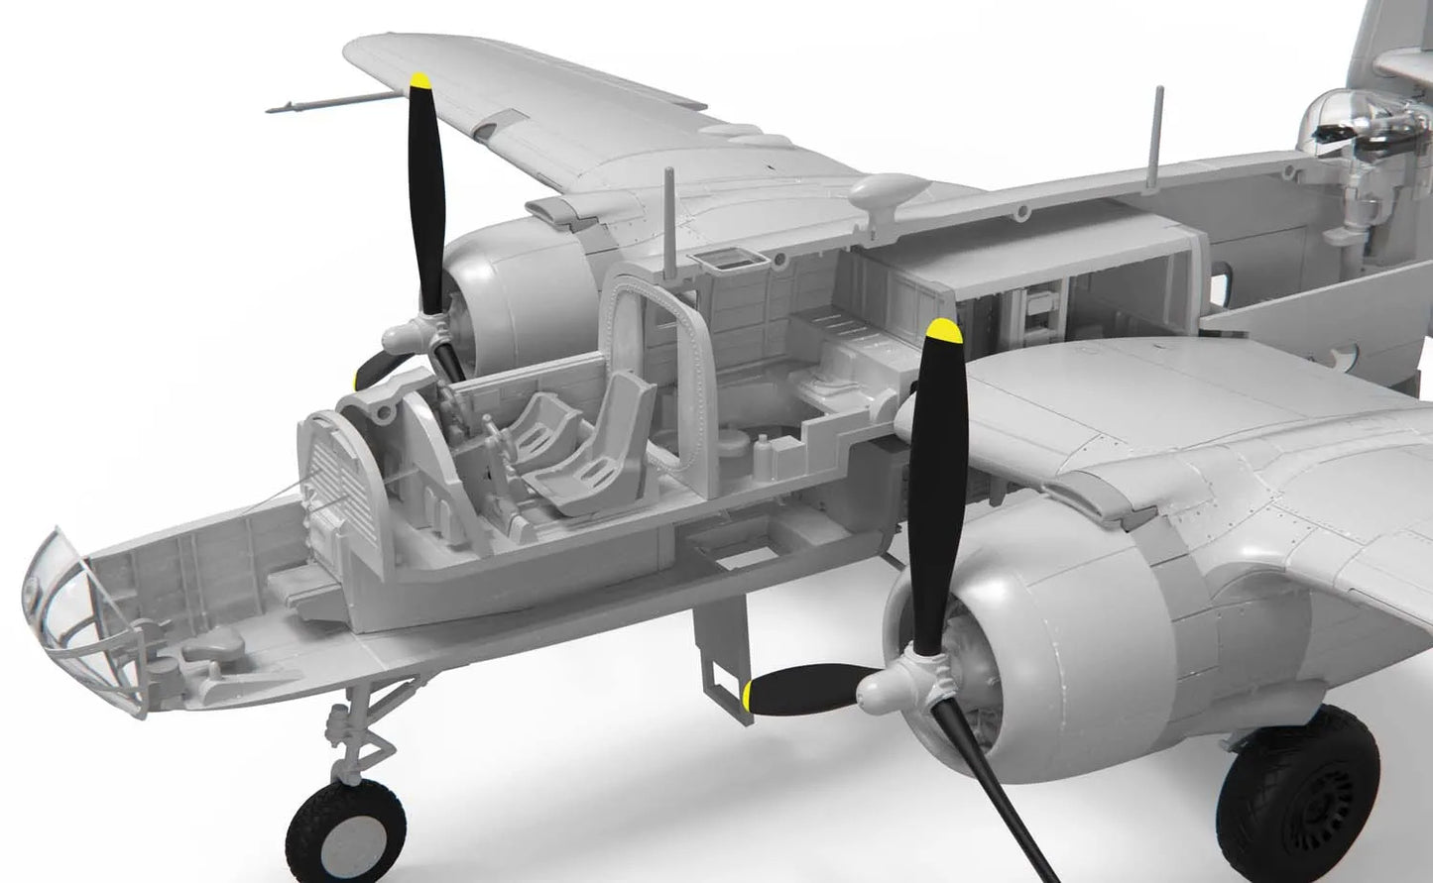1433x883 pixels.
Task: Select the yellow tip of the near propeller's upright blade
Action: [942, 334]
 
